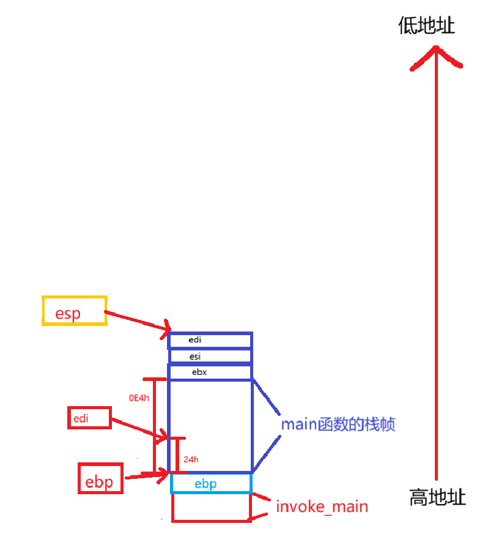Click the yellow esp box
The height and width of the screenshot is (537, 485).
tap(74, 311)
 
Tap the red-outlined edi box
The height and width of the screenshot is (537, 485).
tap(89, 418)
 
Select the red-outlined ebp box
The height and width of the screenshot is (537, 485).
tap(100, 478)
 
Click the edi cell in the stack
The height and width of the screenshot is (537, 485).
tap(210, 340)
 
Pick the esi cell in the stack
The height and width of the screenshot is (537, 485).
tap(210, 356)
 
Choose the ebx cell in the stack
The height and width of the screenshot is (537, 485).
tap(210, 372)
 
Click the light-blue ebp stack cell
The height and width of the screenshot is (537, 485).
tap(211, 484)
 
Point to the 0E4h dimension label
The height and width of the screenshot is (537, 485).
tap(139, 398)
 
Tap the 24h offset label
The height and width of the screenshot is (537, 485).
tap(190, 459)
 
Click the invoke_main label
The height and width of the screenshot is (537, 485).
tap(322, 506)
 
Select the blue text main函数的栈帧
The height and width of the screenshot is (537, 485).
tap(338, 424)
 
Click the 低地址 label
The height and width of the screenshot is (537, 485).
tap(426, 26)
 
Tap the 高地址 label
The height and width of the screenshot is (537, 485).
tap(437, 497)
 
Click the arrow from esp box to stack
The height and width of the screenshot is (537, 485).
tap(138, 322)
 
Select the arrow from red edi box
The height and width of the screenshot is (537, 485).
tap(139, 428)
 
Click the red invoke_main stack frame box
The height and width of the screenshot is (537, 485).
tap(211, 508)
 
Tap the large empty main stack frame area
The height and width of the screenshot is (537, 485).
tap(210, 425)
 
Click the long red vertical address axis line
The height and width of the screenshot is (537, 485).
tap(436, 275)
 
